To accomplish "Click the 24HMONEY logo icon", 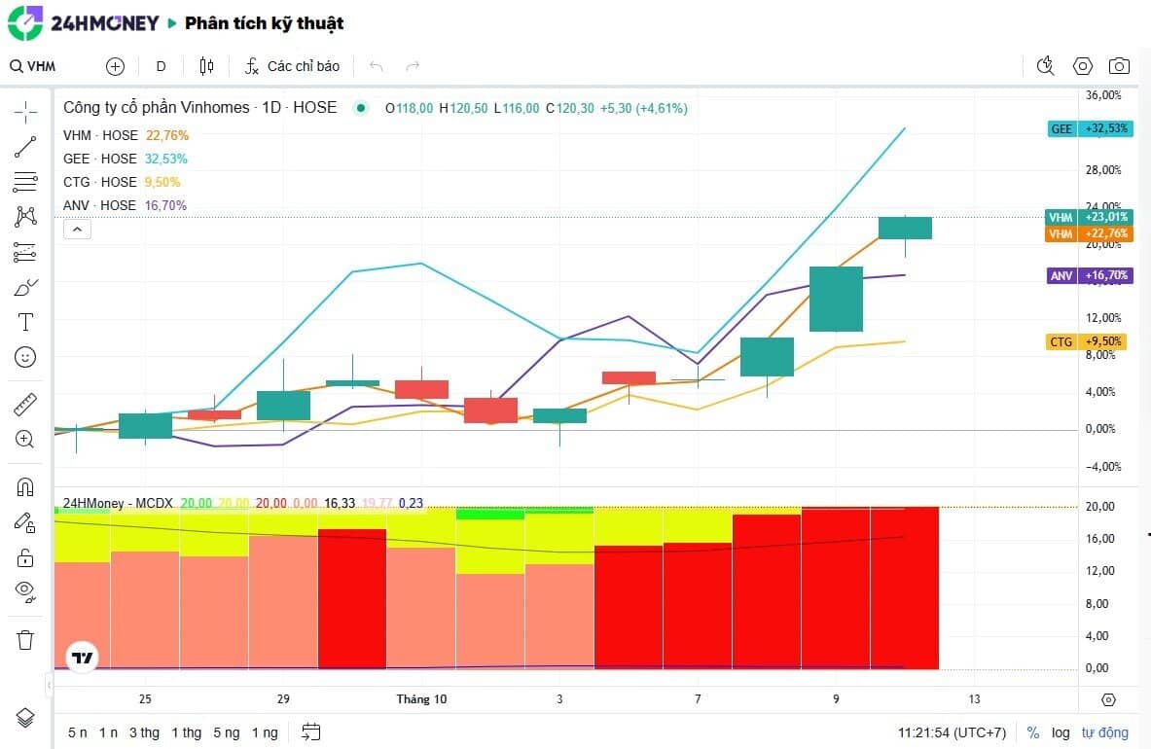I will click(25, 22).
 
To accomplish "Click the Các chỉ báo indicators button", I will click(292, 66).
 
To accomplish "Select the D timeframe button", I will click(162, 66).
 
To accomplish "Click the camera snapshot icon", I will click(1119, 66).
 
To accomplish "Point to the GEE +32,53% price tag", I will click(1091, 128).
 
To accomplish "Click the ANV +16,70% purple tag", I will click(1091, 276).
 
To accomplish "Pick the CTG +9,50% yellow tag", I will click(1091, 342).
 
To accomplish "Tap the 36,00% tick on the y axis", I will click(1103, 95).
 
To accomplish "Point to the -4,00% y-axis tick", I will click(1103, 466).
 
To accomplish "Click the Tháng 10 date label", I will click(421, 699).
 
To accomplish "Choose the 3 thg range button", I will click(144, 732).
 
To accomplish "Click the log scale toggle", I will click(1061, 732).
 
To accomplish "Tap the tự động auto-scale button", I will click(1105, 732).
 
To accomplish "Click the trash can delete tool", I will click(25, 639).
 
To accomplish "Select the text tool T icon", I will click(25, 322).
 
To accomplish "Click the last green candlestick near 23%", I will click(905, 228).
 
